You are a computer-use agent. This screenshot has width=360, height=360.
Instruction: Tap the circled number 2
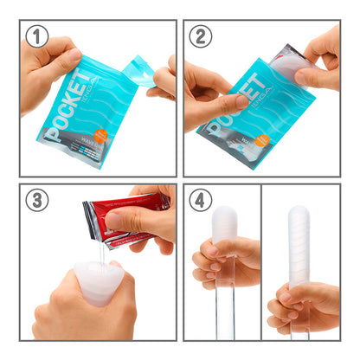(200, 36)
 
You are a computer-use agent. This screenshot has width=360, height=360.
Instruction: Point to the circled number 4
(200, 200)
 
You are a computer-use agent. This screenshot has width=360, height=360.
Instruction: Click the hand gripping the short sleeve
(221, 264)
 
